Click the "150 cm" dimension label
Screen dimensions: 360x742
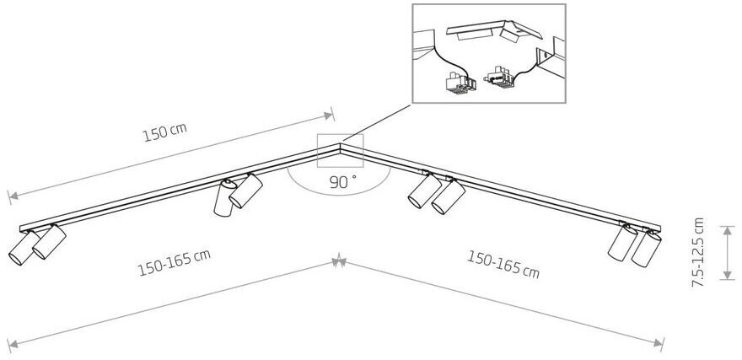[165, 136]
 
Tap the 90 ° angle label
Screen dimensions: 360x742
[342, 180]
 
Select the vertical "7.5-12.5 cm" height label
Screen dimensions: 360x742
[697, 251]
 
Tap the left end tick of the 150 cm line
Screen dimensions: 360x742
[11, 196]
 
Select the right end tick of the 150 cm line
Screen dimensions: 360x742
[333, 114]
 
